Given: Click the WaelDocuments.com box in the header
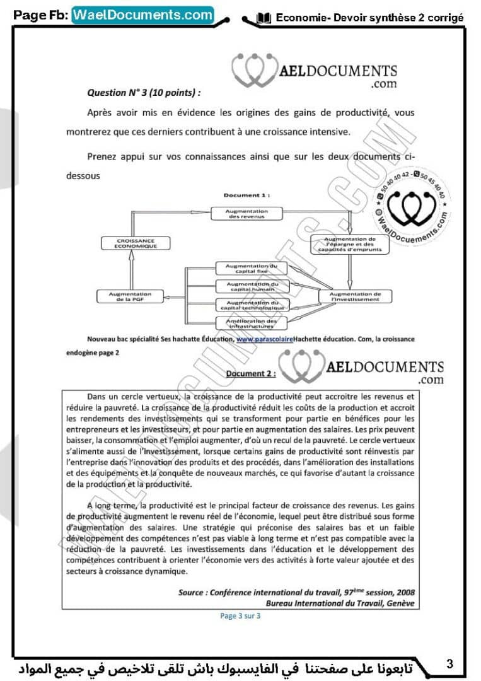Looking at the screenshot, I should pyautogui.click(x=143, y=15).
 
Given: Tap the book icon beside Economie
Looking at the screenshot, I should pyautogui.click(x=264, y=18).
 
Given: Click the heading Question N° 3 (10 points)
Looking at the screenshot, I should pyautogui.click(x=144, y=92).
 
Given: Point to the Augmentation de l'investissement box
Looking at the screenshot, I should pyautogui.click(x=355, y=296).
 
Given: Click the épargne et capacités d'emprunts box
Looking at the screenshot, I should pyautogui.click(x=350, y=244).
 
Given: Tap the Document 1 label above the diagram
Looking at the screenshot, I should pyautogui.click(x=246, y=195).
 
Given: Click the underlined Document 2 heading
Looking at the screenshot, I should pyautogui.click(x=250, y=373).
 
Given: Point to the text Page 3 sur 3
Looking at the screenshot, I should pyautogui.click(x=240, y=616).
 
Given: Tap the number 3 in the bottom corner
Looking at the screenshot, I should pyautogui.click(x=449, y=663).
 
